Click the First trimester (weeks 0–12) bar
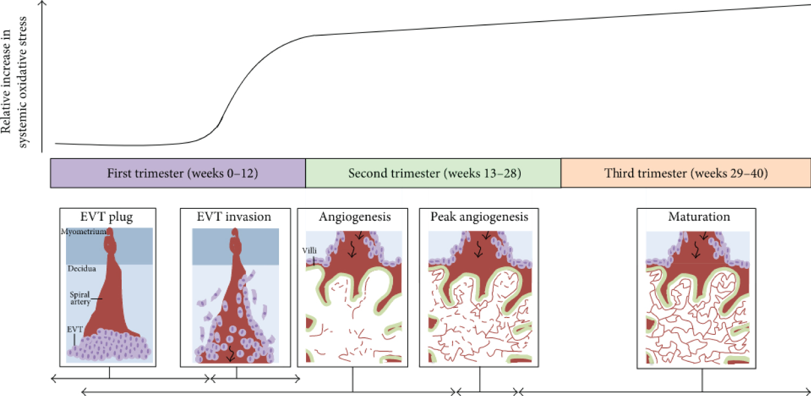pyautogui.click(x=178, y=174)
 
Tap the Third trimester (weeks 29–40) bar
pyautogui.click(x=686, y=174)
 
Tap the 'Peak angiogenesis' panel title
pyautogui.click(x=480, y=217)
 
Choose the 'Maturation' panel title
pyautogui.click(x=699, y=217)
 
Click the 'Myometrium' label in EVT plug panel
pyautogui.click(x=83, y=232)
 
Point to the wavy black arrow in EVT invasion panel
pyautogui.click(x=231, y=352)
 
